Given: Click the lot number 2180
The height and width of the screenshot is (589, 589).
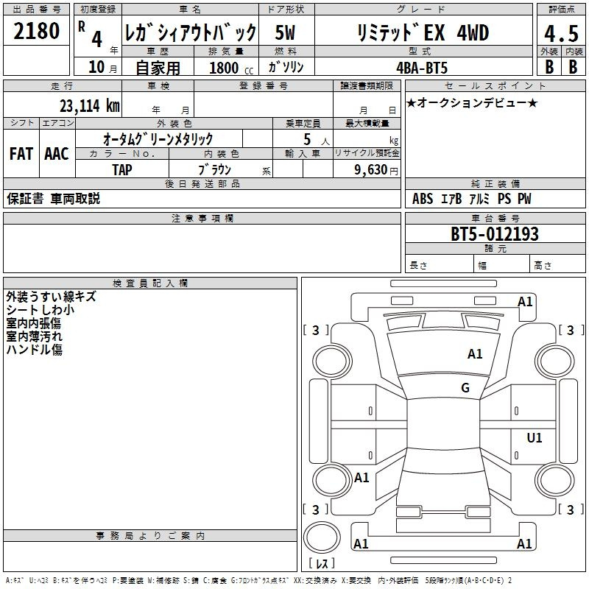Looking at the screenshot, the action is [x=36, y=31].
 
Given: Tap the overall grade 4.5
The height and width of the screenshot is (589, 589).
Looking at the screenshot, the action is [x=561, y=33].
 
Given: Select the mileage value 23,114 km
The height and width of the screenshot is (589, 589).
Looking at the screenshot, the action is [x=90, y=105].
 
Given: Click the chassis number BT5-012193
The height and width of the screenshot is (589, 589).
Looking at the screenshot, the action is [x=495, y=234].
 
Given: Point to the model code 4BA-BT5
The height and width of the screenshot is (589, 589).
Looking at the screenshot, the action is [x=422, y=68].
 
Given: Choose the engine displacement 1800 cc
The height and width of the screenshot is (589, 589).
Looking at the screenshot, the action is [x=231, y=68].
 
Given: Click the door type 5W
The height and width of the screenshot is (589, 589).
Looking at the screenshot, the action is [x=285, y=32].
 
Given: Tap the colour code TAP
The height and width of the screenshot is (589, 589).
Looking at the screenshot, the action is [x=122, y=170].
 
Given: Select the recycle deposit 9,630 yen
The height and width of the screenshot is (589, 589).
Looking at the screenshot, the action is [x=376, y=170].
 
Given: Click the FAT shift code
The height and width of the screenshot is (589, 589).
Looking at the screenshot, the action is [x=21, y=154].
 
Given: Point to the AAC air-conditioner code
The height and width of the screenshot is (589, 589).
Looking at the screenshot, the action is [x=57, y=154].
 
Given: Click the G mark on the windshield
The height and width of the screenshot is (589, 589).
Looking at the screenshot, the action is [x=465, y=387].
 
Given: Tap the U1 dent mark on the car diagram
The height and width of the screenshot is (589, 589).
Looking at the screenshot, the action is [x=535, y=437].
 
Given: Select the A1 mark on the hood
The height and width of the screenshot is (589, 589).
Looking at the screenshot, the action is [x=475, y=353].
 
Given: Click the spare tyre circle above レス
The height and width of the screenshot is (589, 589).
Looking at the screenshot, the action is [x=322, y=537].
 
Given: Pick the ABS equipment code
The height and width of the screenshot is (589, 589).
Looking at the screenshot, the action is [x=423, y=199].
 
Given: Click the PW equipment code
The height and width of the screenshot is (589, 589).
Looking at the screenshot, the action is [x=524, y=199].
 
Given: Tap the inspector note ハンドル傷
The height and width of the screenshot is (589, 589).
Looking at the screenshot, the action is [x=34, y=350].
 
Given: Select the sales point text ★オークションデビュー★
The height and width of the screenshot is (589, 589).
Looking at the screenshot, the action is [x=472, y=102].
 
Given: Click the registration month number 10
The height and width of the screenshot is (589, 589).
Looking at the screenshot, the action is [x=96, y=67].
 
